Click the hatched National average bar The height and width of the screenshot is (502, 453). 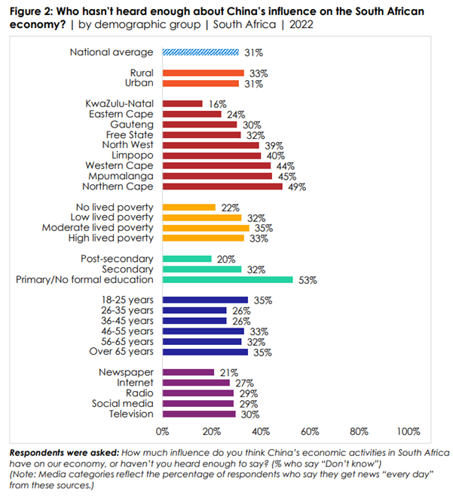[200, 52]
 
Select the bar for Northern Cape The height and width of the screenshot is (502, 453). [222, 186]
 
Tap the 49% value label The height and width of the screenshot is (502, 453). [296, 186]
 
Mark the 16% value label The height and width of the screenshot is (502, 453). [216, 104]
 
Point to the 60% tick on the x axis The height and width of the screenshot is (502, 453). [310, 431]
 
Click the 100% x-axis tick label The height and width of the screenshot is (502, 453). [408, 431]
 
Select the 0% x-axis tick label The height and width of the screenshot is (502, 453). [162, 431]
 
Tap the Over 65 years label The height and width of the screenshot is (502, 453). [121, 352]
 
